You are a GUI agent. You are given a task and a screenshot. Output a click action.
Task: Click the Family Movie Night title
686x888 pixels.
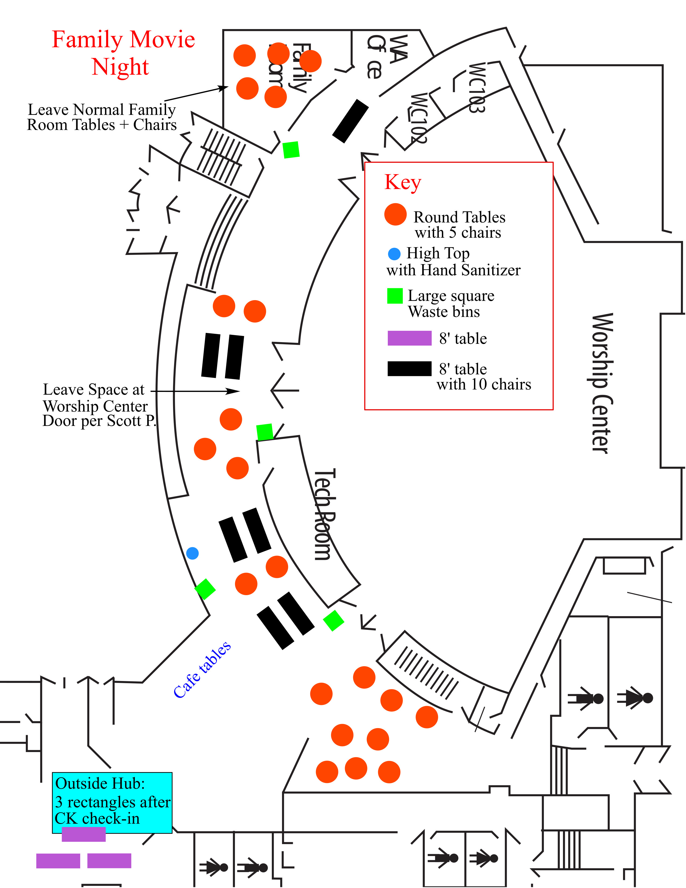(123, 53)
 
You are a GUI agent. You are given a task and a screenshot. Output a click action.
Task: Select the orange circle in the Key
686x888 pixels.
(395, 214)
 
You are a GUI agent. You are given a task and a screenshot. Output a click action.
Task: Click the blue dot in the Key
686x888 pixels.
(394, 254)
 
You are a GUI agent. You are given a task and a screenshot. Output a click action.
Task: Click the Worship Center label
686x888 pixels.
(600, 383)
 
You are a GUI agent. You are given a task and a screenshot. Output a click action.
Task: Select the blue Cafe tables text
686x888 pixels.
(202, 670)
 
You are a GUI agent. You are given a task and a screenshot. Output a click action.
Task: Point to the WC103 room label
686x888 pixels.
(476, 88)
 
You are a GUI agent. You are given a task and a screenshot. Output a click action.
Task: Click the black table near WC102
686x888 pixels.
(350, 121)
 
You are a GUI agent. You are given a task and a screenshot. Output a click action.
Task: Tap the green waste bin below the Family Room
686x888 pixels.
(291, 150)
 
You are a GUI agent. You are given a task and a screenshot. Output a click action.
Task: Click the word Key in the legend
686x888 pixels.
(403, 182)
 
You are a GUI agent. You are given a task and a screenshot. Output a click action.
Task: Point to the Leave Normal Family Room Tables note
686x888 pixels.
(102, 117)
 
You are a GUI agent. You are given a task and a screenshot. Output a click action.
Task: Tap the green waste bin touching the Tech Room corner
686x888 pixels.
(265, 432)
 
